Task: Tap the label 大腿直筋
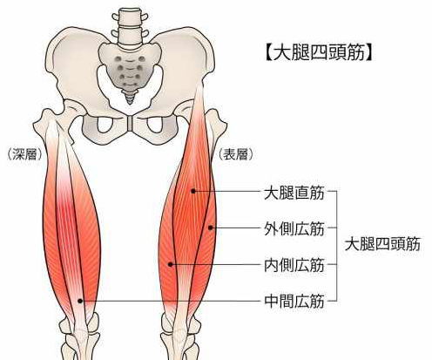294,193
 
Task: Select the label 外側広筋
294,228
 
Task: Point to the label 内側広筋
294,265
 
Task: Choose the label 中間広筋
294,301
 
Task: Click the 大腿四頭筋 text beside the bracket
382,244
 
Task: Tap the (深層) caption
24,154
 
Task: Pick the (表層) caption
236,154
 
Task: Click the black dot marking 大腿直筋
193,191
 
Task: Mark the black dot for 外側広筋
211,228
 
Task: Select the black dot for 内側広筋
171,264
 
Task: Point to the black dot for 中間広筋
80,301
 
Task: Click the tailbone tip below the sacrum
130,101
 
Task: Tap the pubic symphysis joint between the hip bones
130,124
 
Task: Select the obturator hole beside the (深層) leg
105,125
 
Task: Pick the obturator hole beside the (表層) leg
155,125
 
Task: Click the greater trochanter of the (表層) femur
217,120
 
